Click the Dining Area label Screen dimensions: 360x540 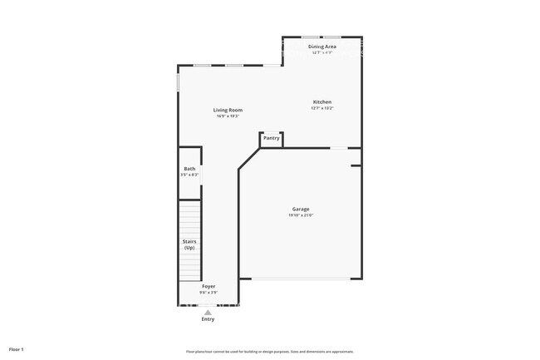point(322,47)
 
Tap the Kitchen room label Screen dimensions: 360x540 point(322,102)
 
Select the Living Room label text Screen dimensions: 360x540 point(228,110)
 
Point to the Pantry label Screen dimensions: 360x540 point(272,138)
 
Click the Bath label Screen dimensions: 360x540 point(190,169)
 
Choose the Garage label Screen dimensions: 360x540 point(301,209)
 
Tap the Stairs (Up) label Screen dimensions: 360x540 point(189,244)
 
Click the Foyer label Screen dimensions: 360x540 point(209,286)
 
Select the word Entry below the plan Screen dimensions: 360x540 point(208,319)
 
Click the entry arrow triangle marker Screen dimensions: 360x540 point(208,312)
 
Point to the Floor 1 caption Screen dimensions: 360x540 point(17,349)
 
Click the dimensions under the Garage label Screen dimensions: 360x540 point(301,215)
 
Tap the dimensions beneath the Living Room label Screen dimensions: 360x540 point(228,116)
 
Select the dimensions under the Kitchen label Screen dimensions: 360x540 point(322,108)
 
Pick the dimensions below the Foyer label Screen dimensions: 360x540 point(209,293)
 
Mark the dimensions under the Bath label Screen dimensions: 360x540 point(189,175)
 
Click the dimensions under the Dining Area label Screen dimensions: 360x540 point(322,52)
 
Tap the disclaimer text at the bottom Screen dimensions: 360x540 point(270,351)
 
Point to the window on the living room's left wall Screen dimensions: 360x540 point(179,84)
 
